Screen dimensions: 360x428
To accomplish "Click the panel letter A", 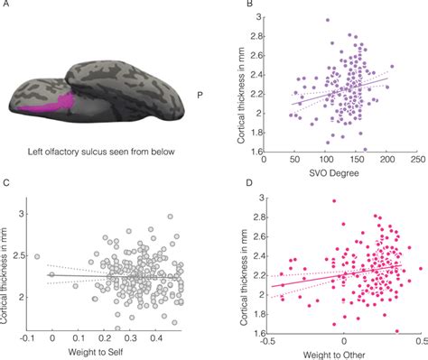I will pos(7,9).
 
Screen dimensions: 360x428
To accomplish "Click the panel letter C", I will pos(7,186).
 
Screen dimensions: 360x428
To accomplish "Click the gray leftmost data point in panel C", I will pos(37,256).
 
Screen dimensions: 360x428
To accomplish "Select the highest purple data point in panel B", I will pos(327,20).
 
